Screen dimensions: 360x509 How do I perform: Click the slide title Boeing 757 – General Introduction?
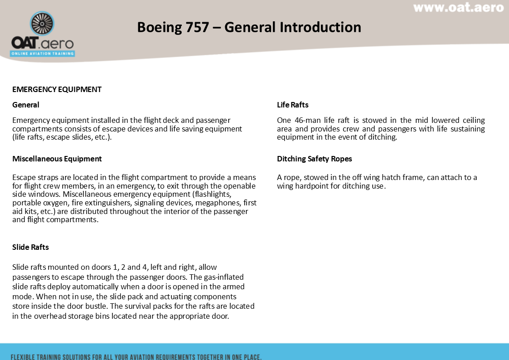(x=249, y=27)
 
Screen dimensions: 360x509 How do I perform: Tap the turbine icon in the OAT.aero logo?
(x=42, y=24)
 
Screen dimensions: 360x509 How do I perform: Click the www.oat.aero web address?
(x=458, y=8)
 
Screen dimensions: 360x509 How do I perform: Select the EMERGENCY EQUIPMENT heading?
(x=57, y=89)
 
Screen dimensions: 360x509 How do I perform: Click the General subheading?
(x=26, y=105)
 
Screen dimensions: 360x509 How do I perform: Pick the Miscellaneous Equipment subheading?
(x=57, y=159)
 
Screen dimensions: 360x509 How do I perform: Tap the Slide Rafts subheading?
(x=30, y=247)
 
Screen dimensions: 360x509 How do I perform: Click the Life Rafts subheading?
(x=292, y=105)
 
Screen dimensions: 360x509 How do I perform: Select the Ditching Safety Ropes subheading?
(x=314, y=159)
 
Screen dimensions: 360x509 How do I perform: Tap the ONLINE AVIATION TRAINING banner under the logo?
(x=43, y=54)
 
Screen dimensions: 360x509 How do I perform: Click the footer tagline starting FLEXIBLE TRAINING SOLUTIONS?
(x=136, y=356)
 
